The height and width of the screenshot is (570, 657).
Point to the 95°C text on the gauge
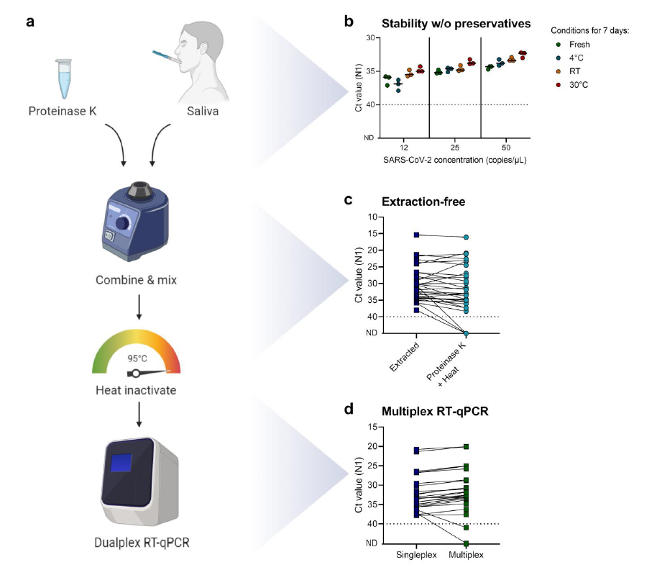137,358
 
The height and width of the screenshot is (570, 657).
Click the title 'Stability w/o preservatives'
456,23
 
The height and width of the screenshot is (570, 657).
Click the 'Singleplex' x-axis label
417,556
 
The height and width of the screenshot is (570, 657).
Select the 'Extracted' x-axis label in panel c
408,358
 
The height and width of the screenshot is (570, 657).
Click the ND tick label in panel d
371,543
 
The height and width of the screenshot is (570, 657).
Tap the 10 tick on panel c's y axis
372,217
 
